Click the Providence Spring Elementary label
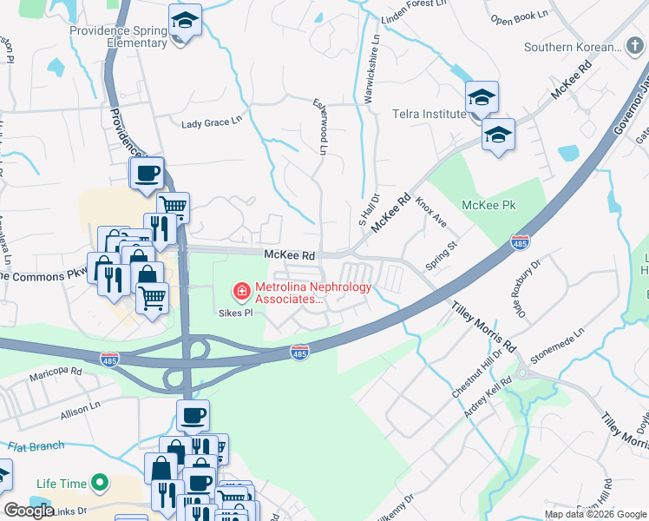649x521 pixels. click(x=119, y=36)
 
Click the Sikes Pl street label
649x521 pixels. click(x=234, y=312)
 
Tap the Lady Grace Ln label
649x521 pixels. click(x=211, y=122)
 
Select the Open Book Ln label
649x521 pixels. click(x=519, y=17)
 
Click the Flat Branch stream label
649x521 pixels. click(x=36, y=446)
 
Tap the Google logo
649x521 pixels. click(x=29, y=511)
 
